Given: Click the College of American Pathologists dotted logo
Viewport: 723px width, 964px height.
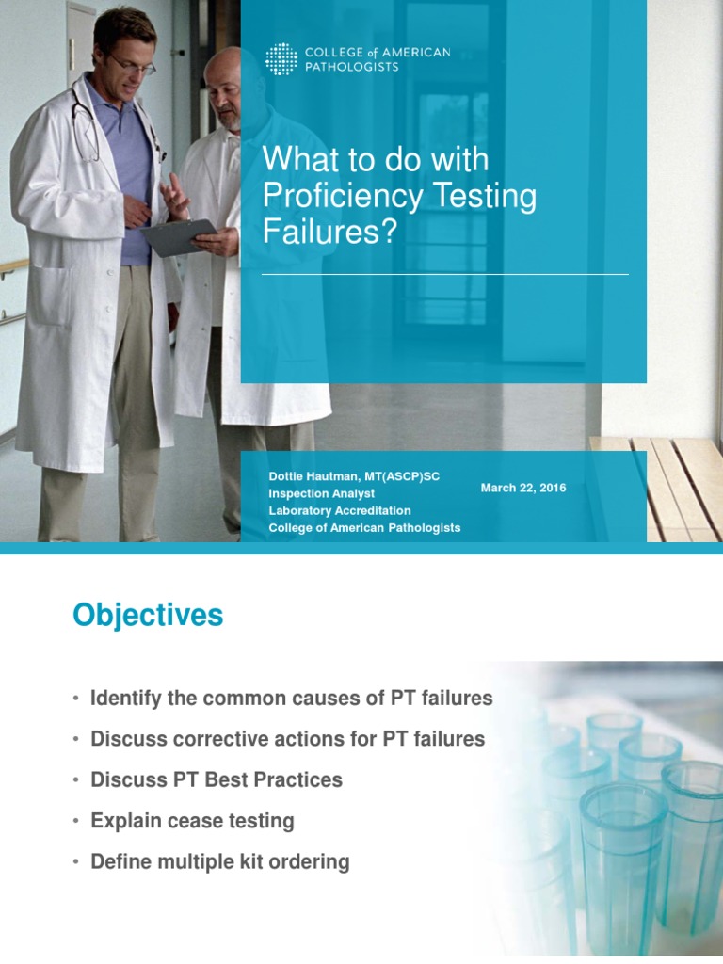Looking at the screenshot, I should (281, 58).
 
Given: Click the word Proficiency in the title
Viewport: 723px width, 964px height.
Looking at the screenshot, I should (333, 196).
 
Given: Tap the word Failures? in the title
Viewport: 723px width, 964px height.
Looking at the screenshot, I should (326, 232).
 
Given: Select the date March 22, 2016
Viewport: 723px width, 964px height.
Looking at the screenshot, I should (522, 488).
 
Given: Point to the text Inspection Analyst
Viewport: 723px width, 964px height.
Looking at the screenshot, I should (321, 493).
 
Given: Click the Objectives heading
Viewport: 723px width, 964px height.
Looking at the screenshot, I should (148, 616).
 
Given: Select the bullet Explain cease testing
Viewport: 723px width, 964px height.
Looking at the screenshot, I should (192, 820).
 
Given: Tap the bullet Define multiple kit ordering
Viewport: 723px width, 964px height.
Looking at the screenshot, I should (219, 861).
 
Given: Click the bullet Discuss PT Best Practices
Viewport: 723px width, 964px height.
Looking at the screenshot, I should (216, 779).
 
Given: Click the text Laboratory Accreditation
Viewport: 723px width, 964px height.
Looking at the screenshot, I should (339, 510).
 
